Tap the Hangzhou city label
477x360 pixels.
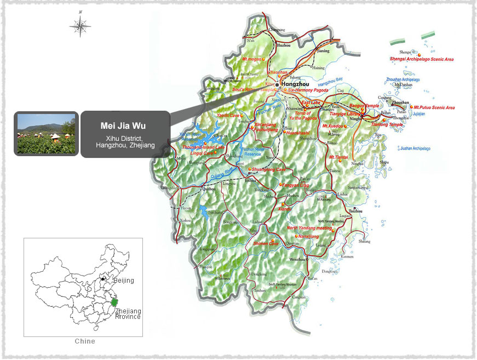click(295, 84)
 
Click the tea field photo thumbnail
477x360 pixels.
click(46, 134)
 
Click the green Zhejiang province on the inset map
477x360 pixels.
click(114, 302)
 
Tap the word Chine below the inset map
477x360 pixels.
click(84, 341)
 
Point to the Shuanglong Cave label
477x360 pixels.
click(269, 170)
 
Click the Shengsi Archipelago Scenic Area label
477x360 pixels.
click(422, 59)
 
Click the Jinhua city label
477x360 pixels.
click(250, 180)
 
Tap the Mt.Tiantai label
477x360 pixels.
click(338, 157)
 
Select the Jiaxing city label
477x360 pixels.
click(324, 51)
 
